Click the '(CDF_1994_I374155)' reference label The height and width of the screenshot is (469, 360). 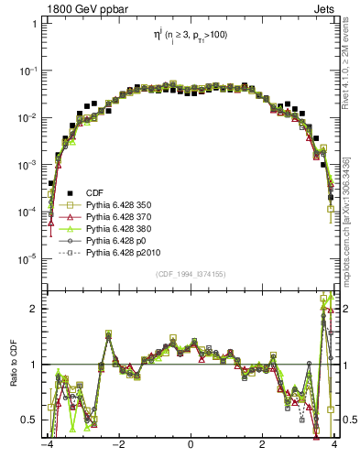191,274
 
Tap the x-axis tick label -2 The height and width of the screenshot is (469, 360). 117,447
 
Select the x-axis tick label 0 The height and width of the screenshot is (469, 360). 191,447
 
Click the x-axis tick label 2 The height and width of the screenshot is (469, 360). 263,447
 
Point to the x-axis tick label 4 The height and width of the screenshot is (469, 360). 335,447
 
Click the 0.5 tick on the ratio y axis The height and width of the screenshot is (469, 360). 30,420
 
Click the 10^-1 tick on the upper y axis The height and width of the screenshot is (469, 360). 27,71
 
